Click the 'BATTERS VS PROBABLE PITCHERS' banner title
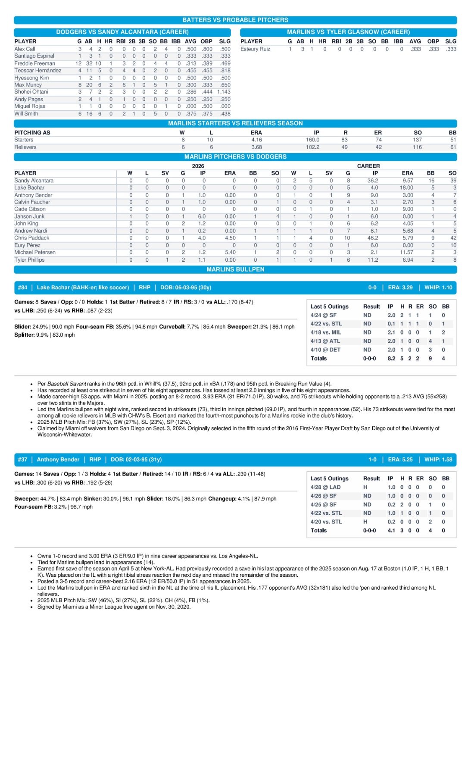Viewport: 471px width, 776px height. (235, 20)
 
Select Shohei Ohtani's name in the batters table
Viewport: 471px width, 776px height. (31, 92)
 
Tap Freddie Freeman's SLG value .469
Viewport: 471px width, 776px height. (225, 63)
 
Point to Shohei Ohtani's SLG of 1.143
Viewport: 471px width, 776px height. (224, 92)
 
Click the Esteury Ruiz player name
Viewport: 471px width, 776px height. (255, 49)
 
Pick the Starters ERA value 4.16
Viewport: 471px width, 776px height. (256, 140)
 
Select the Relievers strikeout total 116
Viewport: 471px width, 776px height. (417, 147)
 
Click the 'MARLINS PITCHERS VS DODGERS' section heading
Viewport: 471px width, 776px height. (235, 156)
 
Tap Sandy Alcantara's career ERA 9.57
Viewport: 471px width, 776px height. (407, 181)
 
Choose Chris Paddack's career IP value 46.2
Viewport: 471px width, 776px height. (373, 238)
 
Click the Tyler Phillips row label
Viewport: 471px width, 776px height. (29, 260)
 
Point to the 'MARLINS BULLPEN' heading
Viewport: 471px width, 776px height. (235, 269)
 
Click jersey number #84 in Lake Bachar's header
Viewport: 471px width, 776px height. (22, 288)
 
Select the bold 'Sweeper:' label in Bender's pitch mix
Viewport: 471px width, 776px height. (26, 499)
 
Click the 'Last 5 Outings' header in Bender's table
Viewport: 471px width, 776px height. (329, 479)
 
